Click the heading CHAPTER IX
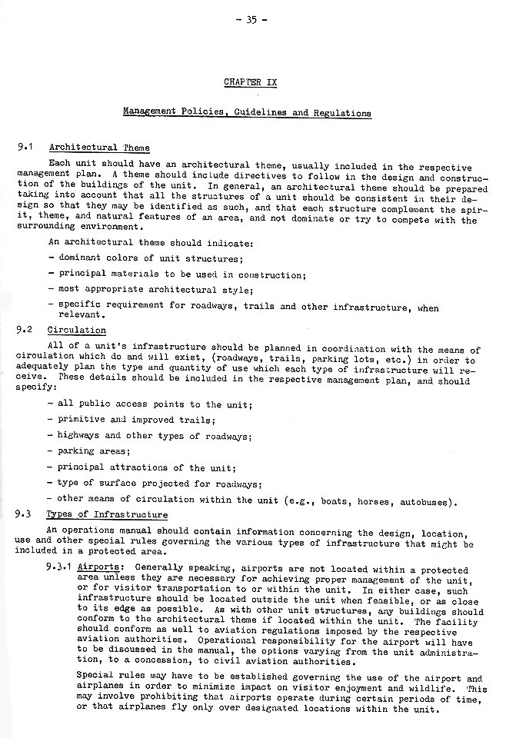[247, 81]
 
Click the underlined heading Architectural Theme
[99, 148]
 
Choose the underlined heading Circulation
[77, 331]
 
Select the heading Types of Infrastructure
[107, 515]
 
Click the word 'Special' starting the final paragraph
[96, 678]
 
